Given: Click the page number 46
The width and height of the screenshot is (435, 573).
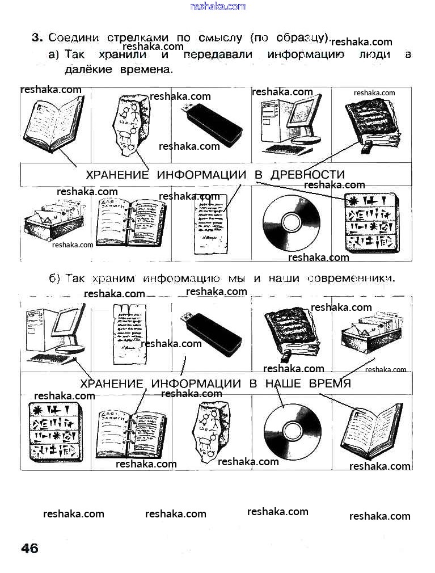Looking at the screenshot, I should [29, 549].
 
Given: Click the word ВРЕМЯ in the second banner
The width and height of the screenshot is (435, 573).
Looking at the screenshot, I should [330, 384].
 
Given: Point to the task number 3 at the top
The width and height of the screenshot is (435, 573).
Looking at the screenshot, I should [36, 38].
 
